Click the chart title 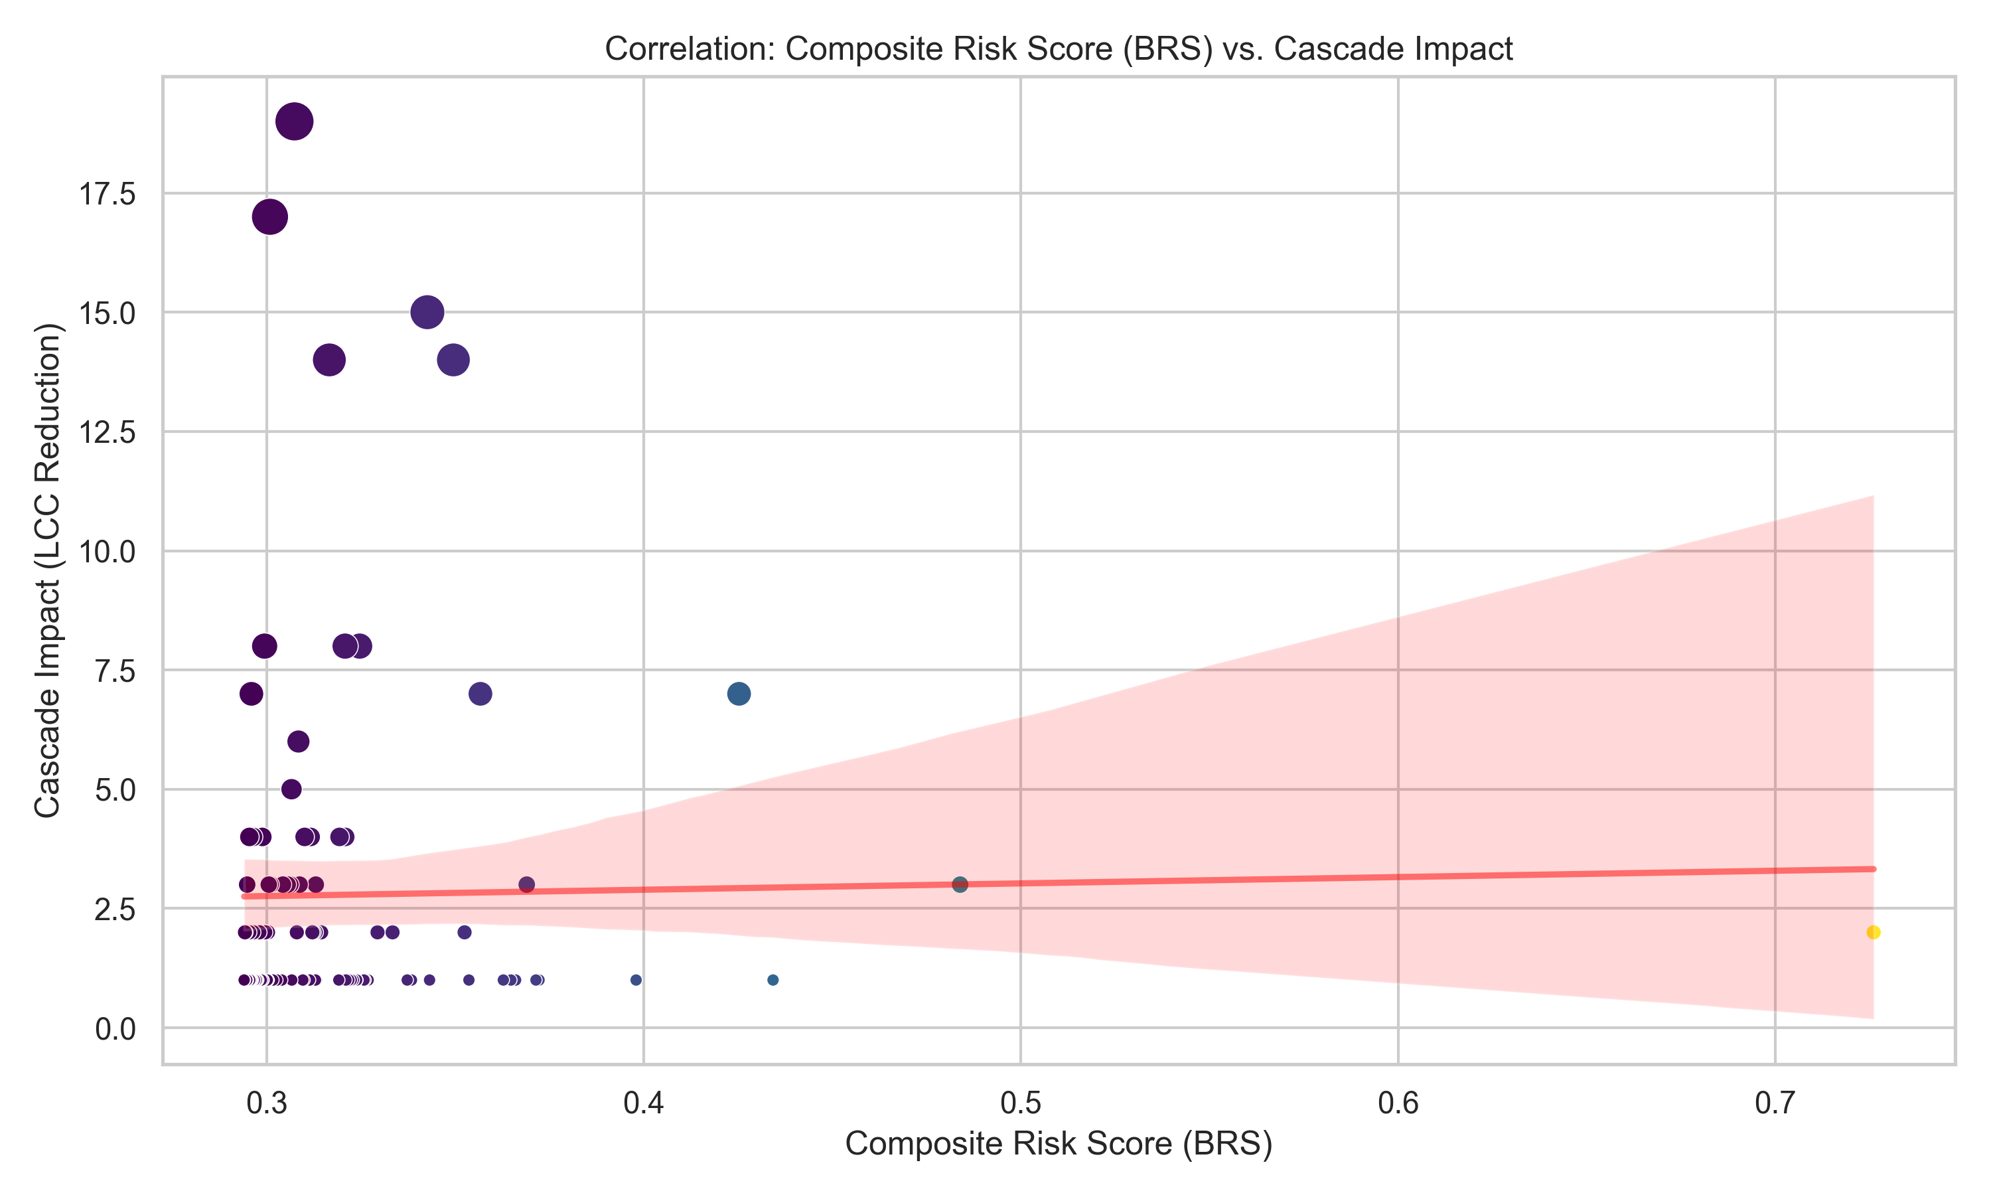coord(1059,49)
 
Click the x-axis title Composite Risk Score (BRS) coord(1059,1143)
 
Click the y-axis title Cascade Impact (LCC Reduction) coord(48,570)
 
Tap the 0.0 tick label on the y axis coord(115,1029)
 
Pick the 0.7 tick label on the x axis coord(1775,1103)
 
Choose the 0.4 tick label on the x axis coord(643,1103)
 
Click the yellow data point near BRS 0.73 coord(1873,933)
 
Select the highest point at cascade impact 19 coord(295,122)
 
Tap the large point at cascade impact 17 coord(269,217)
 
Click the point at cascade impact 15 coord(427,313)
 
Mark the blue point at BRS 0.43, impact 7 coord(739,693)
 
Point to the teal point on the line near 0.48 coord(959,885)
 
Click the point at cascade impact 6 coord(299,742)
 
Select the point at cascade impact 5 coord(291,789)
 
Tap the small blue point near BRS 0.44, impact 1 coord(773,980)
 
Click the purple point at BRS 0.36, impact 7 coord(480,693)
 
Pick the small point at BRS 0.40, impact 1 coord(636,980)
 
